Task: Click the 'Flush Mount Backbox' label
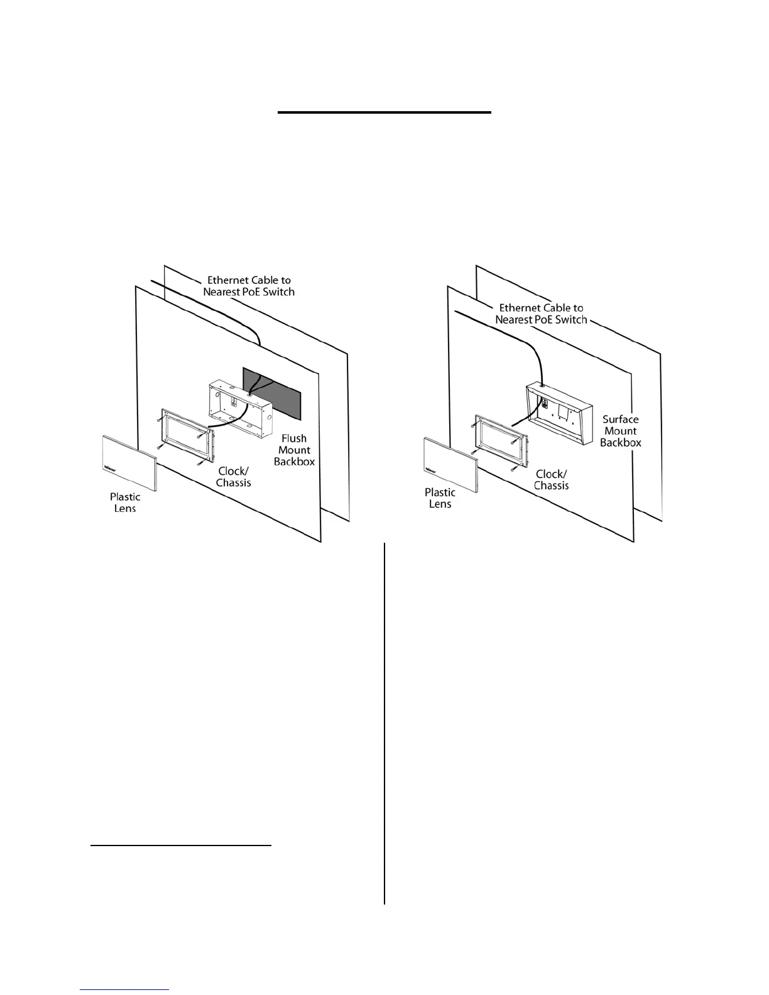tap(294, 450)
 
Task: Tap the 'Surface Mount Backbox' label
tap(620, 431)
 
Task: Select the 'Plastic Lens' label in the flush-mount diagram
tap(125, 503)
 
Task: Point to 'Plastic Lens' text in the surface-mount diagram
tap(440, 498)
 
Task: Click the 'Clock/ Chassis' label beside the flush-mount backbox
tap(234, 477)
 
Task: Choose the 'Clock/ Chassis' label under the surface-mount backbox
tap(552, 480)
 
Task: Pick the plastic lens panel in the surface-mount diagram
tap(450, 464)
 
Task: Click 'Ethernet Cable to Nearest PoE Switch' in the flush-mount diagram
tap(249, 286)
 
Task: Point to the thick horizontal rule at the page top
tap(384, 112)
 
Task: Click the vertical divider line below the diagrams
tap(384, 722)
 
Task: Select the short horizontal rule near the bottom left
tap(181, 845)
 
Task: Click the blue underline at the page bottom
tap(124, 989)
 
